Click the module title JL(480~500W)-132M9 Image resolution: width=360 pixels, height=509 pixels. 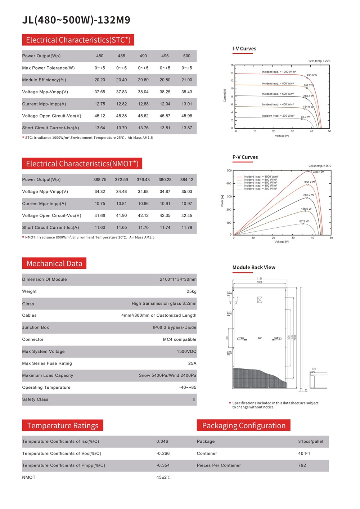76,20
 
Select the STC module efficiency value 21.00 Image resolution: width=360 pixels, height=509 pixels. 186,80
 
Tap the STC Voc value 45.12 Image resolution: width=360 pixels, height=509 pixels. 100,116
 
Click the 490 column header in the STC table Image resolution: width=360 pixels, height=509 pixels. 143,56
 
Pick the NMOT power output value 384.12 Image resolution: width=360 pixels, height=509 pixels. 186,180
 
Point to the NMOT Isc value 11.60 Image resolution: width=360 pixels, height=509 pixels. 100,228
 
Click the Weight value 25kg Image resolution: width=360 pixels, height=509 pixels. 192,291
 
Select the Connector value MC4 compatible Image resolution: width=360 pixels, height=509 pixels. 180,340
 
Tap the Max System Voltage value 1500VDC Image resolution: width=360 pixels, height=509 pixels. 186,352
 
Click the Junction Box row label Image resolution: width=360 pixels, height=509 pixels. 35,327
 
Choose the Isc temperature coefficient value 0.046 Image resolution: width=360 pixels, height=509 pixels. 162,442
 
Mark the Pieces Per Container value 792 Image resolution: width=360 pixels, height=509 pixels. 302,465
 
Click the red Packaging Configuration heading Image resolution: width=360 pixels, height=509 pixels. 244,426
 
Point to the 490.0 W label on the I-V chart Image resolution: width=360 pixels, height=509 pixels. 312,75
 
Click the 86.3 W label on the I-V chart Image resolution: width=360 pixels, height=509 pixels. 305,117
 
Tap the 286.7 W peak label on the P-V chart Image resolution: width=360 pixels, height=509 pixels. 309,195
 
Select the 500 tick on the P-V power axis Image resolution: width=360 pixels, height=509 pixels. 229,171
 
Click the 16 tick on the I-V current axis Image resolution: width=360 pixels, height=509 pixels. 232,65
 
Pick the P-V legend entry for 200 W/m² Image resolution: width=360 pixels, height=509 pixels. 260,189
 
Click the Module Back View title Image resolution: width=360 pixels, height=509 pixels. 254,268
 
